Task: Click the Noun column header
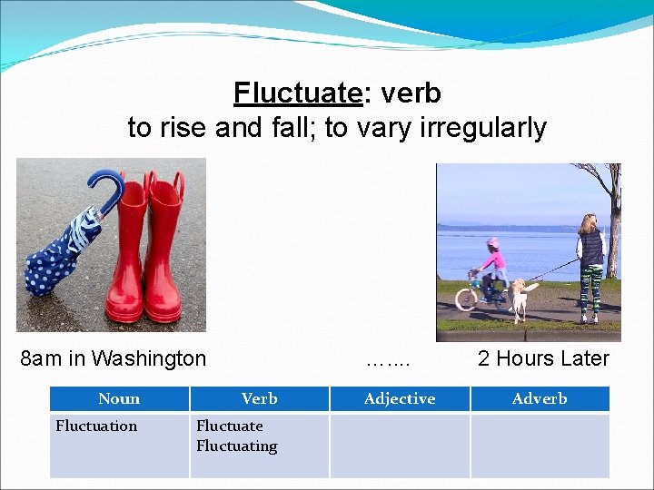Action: pos(119,398)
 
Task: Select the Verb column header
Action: pos(259,398)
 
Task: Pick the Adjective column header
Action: pos(399,398)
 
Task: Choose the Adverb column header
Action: pos(540,398)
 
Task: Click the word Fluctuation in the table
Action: pos(96,426)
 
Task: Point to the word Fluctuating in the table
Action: pos(236,446)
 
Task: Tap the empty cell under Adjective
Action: pos(399,445)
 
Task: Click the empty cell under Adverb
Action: pos(540,445)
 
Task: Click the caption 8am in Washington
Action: pos(114,358)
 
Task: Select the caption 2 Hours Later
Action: pos(543,358)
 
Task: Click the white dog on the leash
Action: pos(519,298)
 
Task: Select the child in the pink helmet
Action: pos(493,268)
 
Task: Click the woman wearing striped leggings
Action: pos(590,268)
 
